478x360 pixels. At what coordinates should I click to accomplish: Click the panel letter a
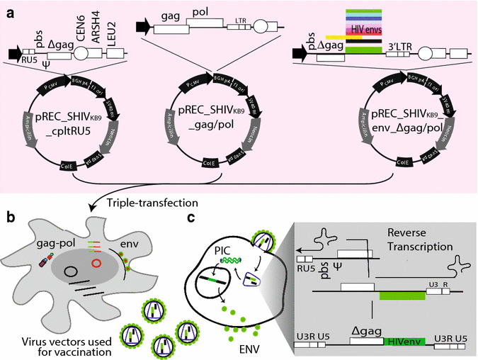pyautogui.click(x=9, y=9)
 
